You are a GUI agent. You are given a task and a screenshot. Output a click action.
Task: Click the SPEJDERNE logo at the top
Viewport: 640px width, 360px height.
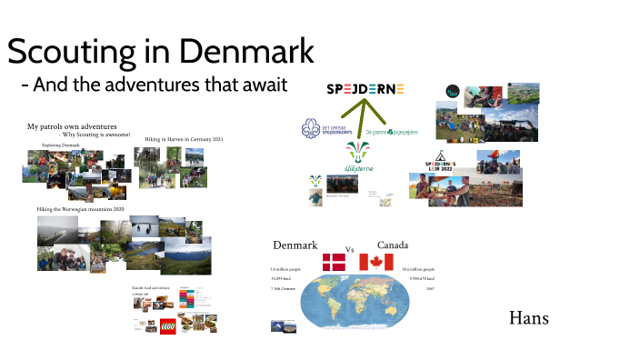point(365,89)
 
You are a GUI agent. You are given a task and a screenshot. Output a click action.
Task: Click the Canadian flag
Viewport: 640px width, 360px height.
point(376,263)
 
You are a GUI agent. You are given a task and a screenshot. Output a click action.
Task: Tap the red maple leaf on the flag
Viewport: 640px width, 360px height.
point(376,263)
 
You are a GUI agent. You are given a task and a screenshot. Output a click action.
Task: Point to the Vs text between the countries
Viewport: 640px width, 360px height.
point(349,249)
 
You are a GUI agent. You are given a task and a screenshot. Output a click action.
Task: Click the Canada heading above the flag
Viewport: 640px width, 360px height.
point(393,245)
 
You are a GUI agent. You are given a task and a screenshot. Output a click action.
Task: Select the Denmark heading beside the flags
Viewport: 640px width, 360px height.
point(295,245)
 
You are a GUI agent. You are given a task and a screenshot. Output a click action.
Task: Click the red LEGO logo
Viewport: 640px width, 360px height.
point(168,326)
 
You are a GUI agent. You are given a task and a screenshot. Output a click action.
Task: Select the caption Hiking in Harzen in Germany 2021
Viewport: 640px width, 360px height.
point(185,139)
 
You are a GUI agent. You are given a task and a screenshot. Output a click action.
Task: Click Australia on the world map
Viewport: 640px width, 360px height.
point(392,310)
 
